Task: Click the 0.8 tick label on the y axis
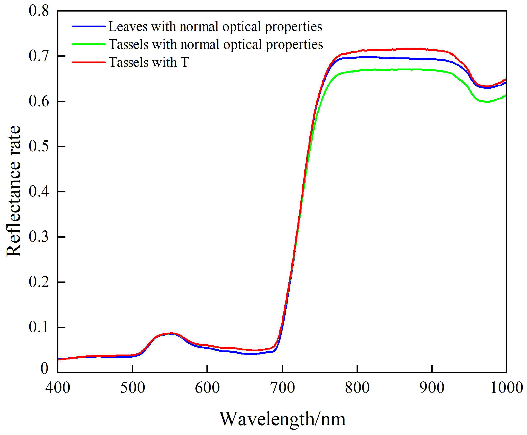coord(39,11)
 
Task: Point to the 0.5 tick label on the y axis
coord(39,146)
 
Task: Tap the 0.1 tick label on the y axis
coord(39,327)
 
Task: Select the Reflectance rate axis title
coord(14,191)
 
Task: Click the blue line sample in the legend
coord(88,26)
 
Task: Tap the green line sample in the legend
coord(88,44)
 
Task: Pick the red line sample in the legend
coord(88,62)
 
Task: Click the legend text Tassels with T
coord(149,62)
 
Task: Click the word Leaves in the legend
coord(128,26)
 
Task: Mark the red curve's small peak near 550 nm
coord(171,333)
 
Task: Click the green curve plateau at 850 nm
coord(395,69)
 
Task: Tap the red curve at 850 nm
coord(395,49)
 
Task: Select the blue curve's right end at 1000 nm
coord(505,83)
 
